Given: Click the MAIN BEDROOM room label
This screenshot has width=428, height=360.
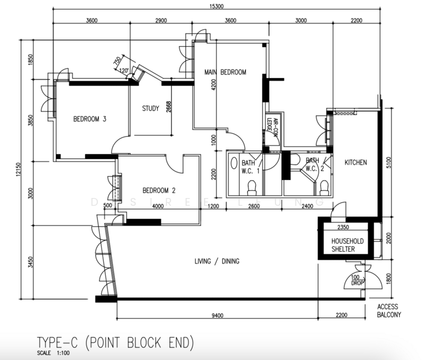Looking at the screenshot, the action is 225,72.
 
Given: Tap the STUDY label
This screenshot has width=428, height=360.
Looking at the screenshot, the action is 151,109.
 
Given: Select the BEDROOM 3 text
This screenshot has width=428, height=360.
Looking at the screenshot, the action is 89,119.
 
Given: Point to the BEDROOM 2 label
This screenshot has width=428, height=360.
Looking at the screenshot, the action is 159,190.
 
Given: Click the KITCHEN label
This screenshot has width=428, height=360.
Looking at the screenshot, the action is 355,163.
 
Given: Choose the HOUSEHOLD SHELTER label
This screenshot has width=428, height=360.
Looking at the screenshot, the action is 347,245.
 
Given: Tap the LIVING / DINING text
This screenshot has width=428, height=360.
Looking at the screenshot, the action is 217,261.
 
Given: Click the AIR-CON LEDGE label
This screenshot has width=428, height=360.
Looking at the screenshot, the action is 273,125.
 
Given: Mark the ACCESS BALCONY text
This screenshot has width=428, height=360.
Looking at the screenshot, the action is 389,311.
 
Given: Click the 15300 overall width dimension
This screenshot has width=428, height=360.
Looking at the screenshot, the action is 216,6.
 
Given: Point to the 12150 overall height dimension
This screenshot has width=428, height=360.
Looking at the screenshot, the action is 18,169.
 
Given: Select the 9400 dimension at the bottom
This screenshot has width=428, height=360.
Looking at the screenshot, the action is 217,316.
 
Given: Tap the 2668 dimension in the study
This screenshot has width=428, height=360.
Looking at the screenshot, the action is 169,107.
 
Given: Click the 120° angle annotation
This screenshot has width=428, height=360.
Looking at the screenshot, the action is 124,71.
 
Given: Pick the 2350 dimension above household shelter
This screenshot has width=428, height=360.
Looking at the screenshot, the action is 343,227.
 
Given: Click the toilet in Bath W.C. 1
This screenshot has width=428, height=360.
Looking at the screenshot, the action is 252,188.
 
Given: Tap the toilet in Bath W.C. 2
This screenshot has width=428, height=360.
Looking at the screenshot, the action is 324,188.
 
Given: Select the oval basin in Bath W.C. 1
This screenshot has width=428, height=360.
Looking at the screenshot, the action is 234,163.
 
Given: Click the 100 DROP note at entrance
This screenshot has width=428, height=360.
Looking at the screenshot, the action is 357,280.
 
